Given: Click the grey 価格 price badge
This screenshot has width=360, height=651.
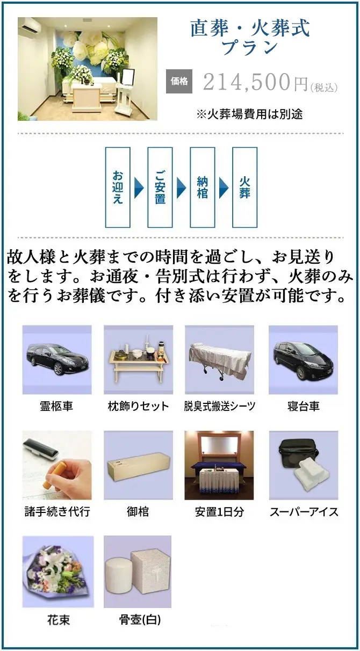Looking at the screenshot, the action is [179, 82].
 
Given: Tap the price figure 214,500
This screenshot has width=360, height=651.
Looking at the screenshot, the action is [247, 82].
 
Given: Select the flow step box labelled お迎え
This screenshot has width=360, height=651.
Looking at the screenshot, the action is [118, 187].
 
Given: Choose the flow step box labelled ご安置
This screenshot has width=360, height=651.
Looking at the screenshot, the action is [160, 187].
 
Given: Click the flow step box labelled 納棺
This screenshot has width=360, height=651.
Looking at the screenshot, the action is [203, 187].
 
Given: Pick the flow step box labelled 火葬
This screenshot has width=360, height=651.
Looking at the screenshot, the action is [245, 187].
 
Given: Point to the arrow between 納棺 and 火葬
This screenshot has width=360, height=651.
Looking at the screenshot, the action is [224, 187].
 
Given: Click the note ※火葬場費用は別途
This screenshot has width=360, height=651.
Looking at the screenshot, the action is [249, 114].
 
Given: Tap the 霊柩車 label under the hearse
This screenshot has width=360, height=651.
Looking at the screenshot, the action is [56, 406].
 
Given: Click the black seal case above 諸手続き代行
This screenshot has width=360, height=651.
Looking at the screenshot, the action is [40, 448].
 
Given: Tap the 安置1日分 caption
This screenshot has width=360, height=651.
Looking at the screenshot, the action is [220, 511].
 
